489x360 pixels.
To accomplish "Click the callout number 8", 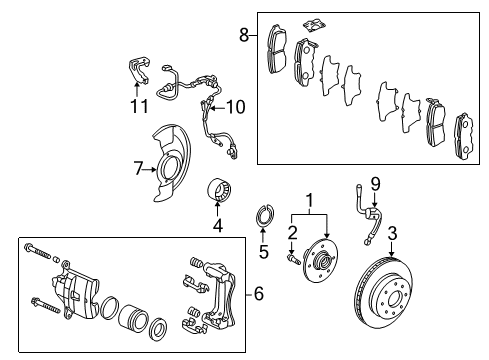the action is pyautogui.click(x=244, y=35).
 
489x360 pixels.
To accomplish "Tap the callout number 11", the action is pyautogui.click(x=139, y=107).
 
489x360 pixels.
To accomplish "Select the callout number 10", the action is pyautogui.click(x=236, y=107).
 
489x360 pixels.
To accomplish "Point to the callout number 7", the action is pyautogui.click(x=138, y=168).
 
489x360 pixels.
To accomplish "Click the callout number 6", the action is pyautogui.click(x=259, y=294).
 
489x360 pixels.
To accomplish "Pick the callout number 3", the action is pyautogui.click(x=393, y=233).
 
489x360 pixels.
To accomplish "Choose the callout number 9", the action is pyautogui.click(x=376, y=184).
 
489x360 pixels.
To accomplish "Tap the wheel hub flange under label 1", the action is pyautogui.click(x=321, y=261).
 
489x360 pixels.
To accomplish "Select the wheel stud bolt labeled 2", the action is pyautogui.click(x=293, y=259).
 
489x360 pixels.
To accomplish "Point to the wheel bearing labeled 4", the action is pyautogui.click(x=220, y=190).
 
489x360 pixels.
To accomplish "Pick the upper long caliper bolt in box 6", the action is pyautogui.click(x=38, y=252).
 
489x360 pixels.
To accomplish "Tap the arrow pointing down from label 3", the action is pyautogui.click(x=392, y=249).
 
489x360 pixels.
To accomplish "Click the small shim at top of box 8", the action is pyautogui.click(x=314, y=25).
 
